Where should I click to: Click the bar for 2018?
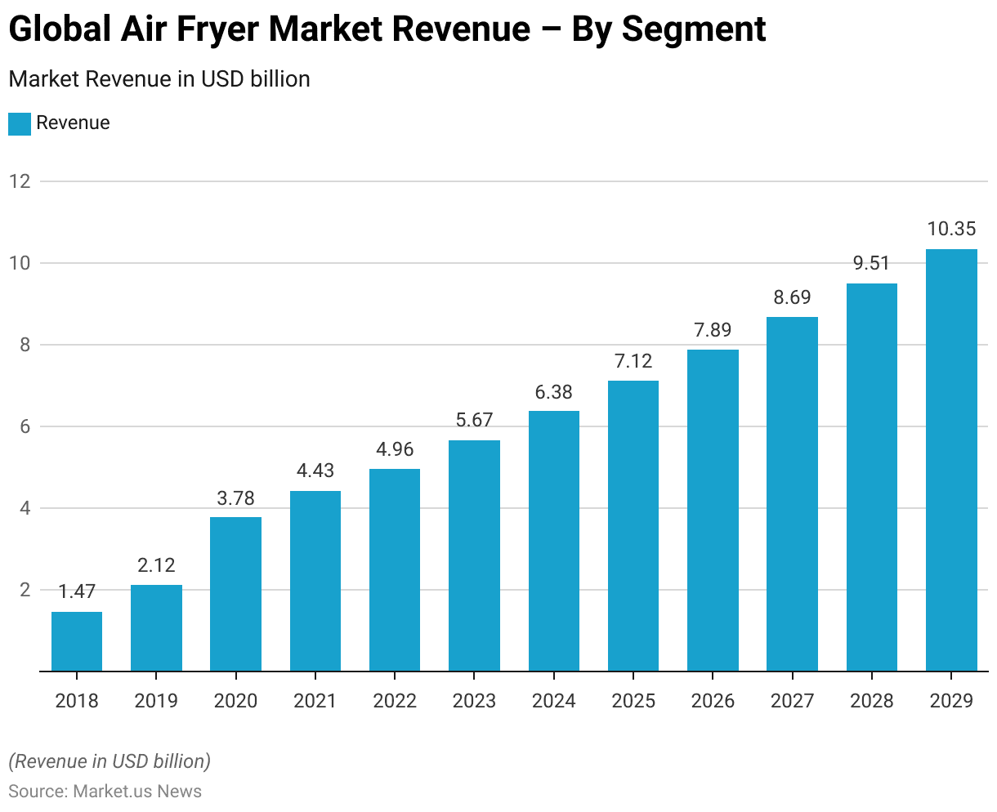coord(77,641)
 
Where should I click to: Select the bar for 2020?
coord(235,594)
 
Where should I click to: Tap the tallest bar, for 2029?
coord(951,460)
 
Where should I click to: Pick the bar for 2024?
coord(554,541)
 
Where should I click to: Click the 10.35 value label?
coord(951,230)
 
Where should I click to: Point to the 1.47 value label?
coord(77,592)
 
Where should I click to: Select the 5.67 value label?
coord(474,421)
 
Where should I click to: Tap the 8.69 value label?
coord(792,297)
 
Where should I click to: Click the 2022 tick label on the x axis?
coord(395,701)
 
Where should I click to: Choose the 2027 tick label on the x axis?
coord(792,701)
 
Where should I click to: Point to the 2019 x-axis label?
coord(156,701)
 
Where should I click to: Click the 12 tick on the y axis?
coord(20,181)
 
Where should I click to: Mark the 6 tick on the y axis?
coord(25,426)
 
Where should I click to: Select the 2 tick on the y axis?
coord(25,590)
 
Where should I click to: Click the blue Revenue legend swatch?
coord(20,123)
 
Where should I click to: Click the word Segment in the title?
coord(693,30)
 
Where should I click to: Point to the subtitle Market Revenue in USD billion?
coord(159,79)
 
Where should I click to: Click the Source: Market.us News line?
coord(105,792)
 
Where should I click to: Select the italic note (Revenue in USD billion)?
coord(110,761)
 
